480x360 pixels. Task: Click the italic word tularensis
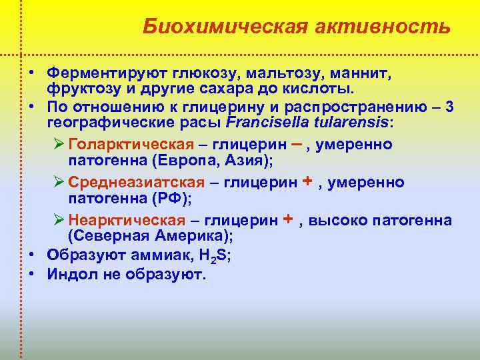coord(344,123)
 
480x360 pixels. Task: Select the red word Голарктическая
coord(131,145)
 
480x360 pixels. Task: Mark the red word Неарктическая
coord(127,220)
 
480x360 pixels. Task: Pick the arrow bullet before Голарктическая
coord(58,145)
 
